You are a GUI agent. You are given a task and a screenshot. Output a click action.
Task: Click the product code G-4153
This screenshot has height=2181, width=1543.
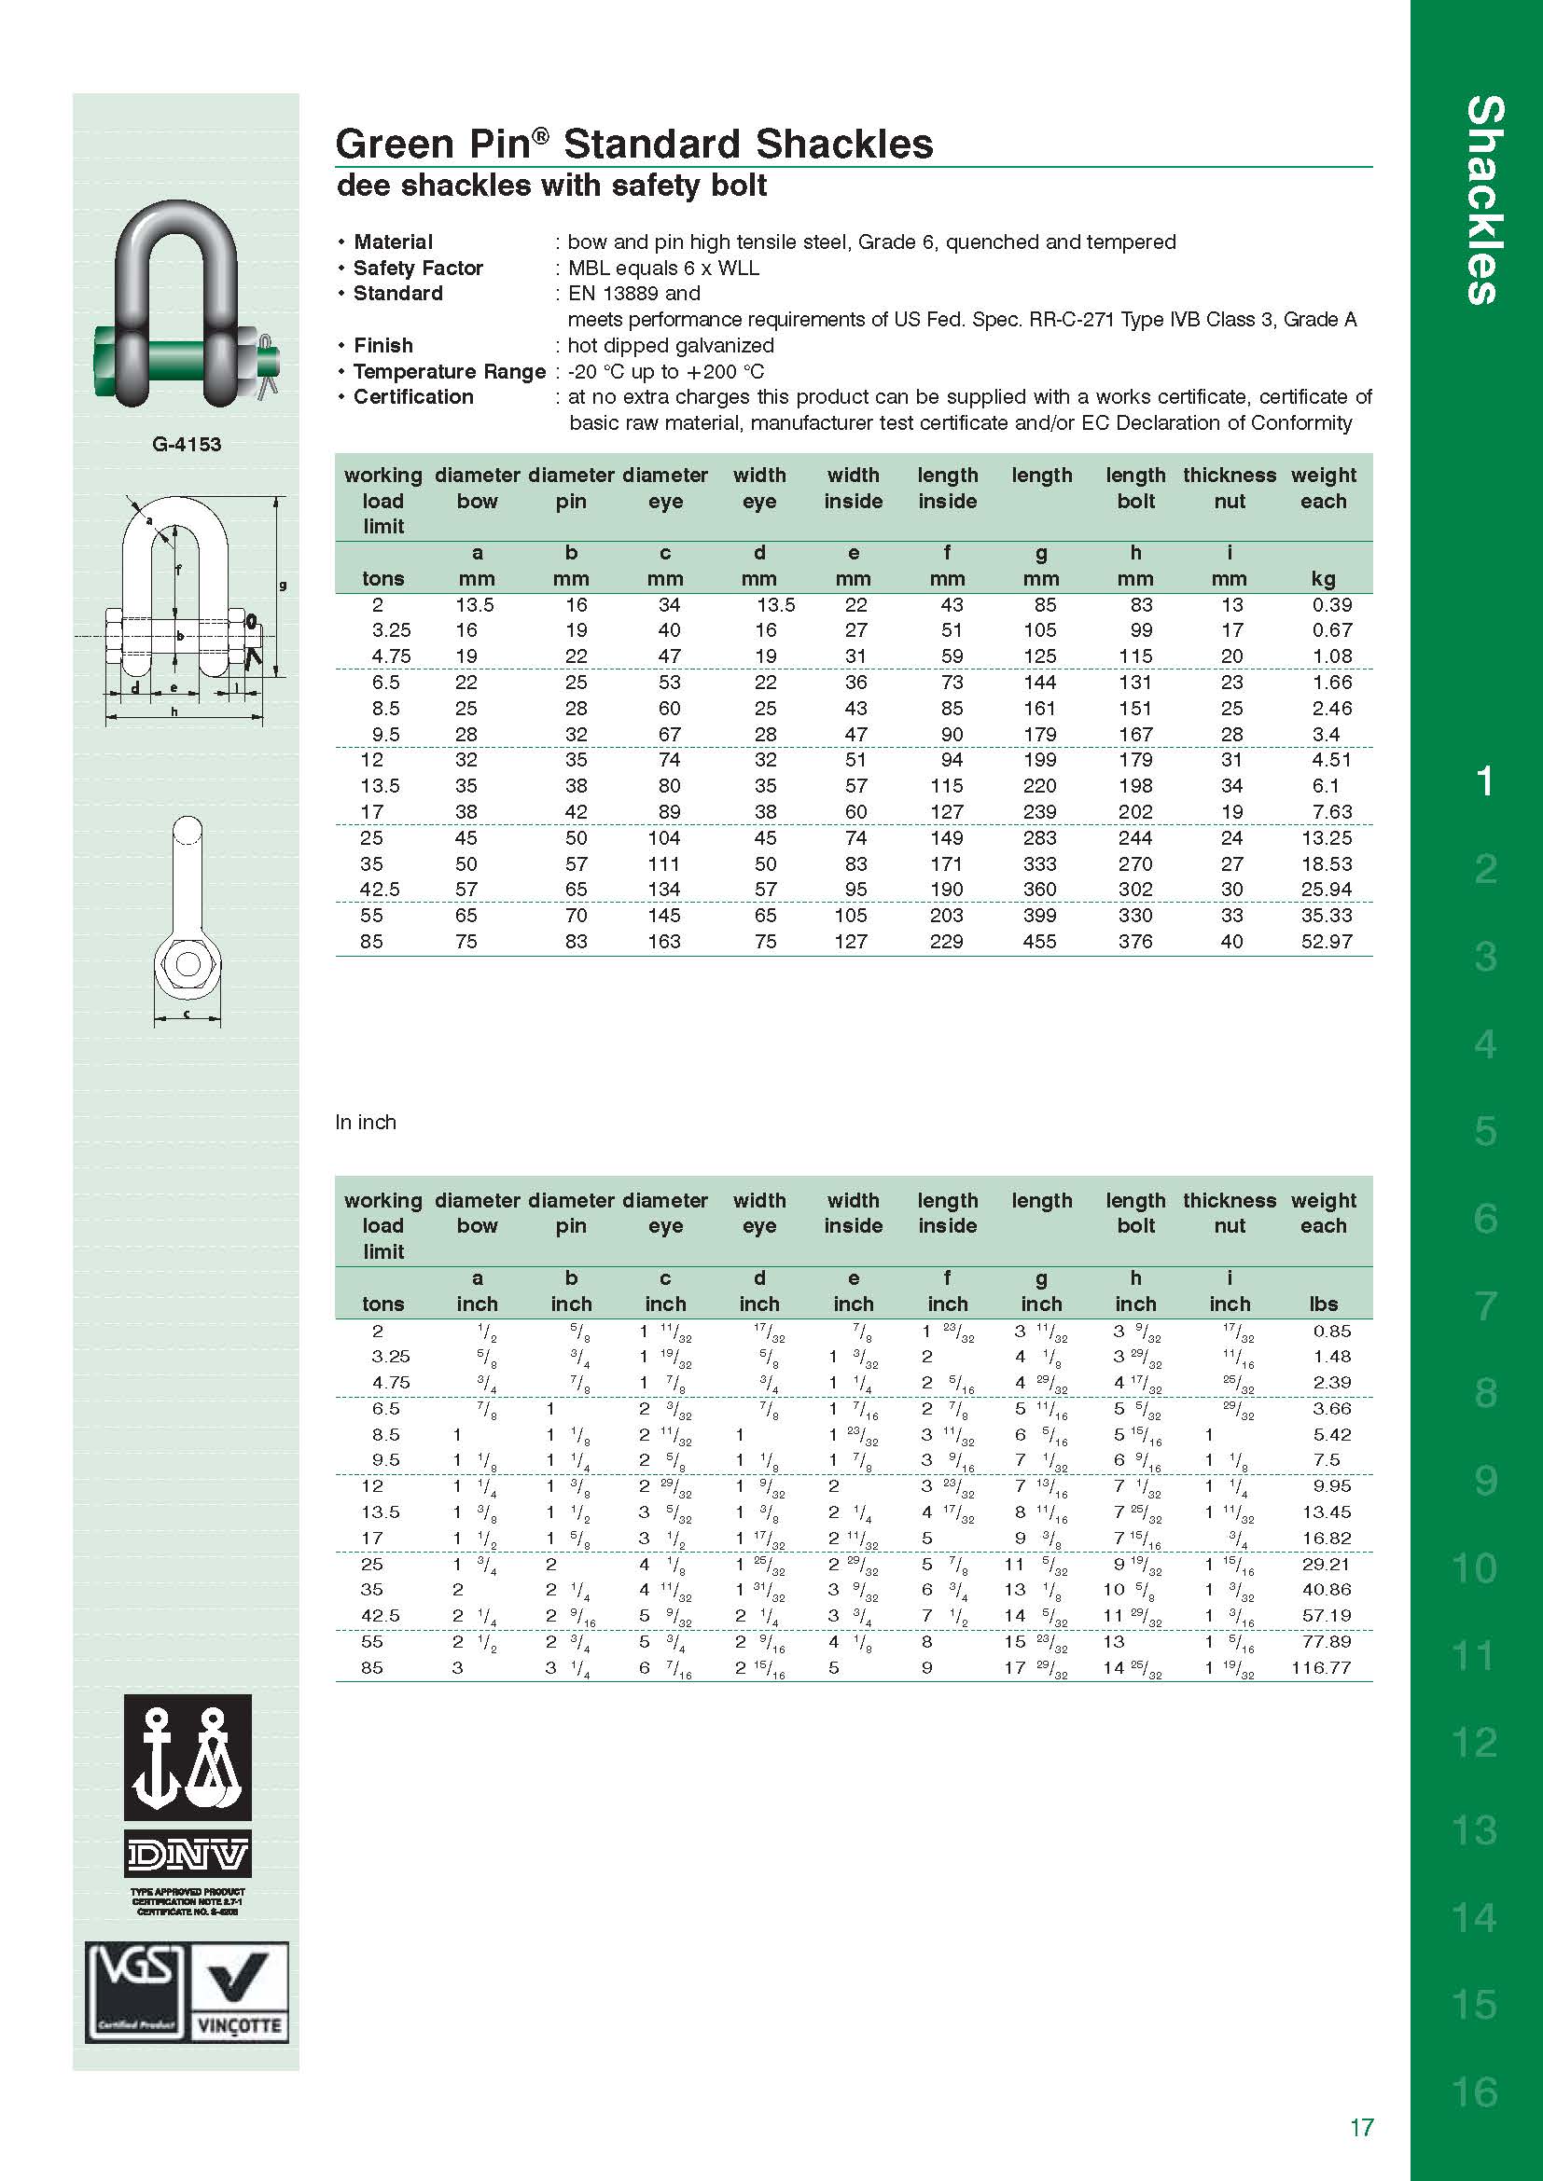pos(187,444)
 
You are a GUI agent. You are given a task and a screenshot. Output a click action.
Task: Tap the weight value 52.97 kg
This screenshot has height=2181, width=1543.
pos(1326,942)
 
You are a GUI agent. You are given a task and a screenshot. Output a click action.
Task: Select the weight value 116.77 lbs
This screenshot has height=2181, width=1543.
pos(1321,1667)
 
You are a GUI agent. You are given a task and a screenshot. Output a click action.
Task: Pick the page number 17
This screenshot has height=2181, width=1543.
pos(1360,2127)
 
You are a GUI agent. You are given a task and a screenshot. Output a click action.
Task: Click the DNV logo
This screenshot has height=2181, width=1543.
pos(188,1854)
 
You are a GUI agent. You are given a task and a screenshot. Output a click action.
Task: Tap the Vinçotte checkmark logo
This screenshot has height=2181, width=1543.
pos(240,1992)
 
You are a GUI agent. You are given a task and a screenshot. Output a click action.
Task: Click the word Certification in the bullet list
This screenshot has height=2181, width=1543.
pos(413,397)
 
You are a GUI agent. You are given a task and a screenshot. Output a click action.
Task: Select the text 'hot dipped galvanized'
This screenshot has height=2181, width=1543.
pos(670,345)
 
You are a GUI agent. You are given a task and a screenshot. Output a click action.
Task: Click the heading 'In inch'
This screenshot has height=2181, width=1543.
pos(365,1122)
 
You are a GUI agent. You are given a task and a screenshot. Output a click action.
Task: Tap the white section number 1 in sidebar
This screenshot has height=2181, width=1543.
pos(1484,781)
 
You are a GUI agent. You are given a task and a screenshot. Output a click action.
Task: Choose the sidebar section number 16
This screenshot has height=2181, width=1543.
pos(1474,2091)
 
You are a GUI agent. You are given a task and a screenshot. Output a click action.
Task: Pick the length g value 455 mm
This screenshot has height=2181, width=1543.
pos(1039,942)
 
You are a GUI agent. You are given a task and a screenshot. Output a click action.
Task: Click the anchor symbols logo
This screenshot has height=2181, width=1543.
pos(188,1758)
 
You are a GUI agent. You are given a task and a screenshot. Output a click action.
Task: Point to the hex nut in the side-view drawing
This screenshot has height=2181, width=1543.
pos(188,964)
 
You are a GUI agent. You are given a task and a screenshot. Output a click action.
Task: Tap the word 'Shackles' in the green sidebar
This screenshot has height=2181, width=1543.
pos(1484,200)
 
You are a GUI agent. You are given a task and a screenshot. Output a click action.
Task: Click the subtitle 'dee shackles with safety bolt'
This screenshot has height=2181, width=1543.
pos(551,186)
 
